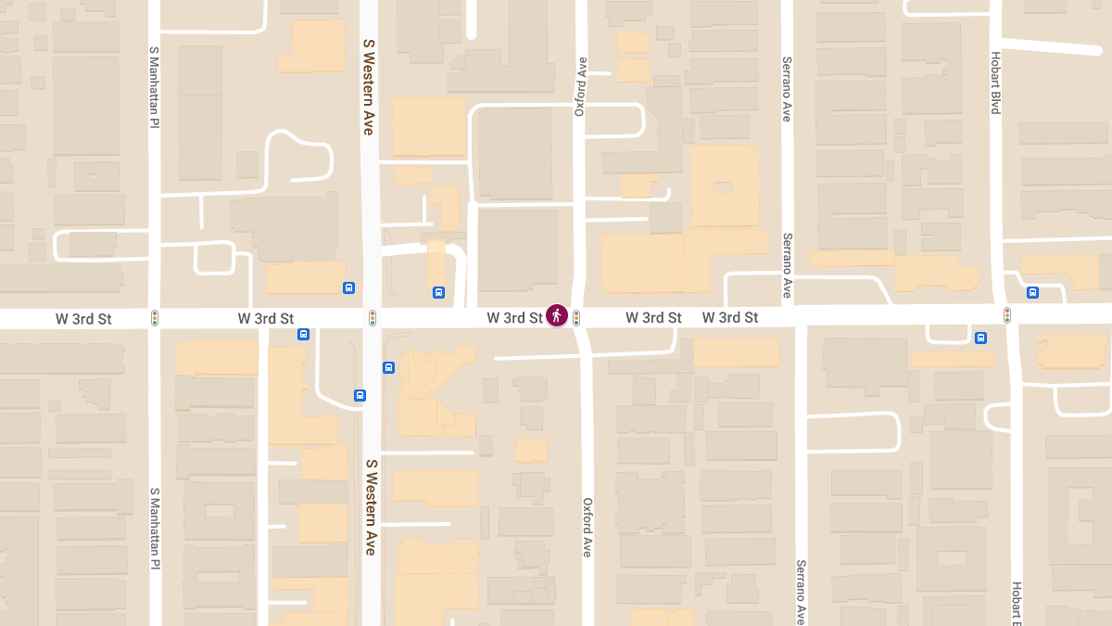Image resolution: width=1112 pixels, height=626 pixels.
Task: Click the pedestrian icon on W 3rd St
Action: point(557,316)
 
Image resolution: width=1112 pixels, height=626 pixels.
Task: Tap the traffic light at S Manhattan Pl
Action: point(155,318)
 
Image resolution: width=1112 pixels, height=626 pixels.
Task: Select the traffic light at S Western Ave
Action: point(373,318)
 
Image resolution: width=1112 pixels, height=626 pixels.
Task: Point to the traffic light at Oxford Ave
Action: point(576,318)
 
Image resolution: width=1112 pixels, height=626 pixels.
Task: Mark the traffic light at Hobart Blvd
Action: point(1007,316)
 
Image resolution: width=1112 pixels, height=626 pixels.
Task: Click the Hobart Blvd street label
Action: point(996,83)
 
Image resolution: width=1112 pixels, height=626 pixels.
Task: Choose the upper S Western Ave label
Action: point(369,87)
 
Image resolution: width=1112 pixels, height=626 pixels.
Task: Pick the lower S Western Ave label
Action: point(371,506)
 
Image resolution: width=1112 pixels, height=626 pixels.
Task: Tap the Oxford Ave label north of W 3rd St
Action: point(581,86)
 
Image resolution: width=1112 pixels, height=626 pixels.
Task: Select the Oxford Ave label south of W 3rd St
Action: point(587,528)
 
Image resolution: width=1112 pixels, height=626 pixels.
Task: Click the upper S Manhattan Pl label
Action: point(155,86)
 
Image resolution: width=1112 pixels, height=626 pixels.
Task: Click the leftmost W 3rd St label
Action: point(83,319)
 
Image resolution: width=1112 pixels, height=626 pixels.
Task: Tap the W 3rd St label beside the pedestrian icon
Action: point(514,318)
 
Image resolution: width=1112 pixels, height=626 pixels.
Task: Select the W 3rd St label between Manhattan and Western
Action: point(266,319)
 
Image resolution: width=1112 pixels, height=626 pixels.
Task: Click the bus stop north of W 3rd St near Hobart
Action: point(1032,293)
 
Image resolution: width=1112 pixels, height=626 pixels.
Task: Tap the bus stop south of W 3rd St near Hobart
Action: point(980,339)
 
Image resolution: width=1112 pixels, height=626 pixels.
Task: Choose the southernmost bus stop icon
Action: point(360,396)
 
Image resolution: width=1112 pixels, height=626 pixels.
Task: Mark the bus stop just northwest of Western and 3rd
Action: point(348,287)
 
